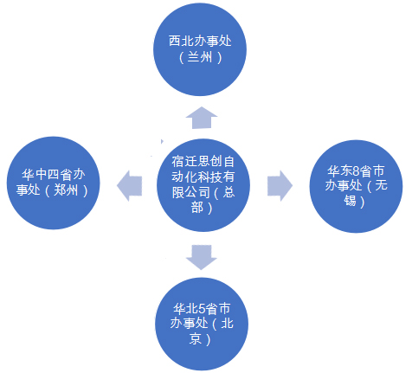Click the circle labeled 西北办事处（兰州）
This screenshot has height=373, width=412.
click(x=200, y=49)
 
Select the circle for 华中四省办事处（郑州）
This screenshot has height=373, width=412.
click(x=54, y=183)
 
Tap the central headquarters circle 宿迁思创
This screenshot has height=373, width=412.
click(x=203, y=185)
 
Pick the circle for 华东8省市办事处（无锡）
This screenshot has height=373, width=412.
click(x=356, y=186)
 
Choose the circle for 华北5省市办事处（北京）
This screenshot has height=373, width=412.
click(x=202, y=324)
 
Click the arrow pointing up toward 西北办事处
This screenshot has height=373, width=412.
click(x=202, y=118)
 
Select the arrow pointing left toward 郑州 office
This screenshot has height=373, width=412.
click(x=129, y=186)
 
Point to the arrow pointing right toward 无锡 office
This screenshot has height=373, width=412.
click(x=280, y=186)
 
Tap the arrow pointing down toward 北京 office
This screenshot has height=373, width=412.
click(x=202, y=257)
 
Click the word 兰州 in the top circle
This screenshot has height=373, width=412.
click(x=200, y=57)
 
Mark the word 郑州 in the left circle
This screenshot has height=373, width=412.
click(x=66, y=190)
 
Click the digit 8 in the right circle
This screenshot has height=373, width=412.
click(x=356, y=171)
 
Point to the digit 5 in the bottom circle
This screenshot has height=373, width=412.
click(x=202, y=309)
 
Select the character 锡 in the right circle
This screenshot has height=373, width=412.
click(x=350, y=201)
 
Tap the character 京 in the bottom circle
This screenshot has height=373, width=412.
click(x=196, y=338)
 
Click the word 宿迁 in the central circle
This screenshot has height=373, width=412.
click(x=184, y=162)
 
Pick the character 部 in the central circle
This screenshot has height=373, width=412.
click(x=197, y=207)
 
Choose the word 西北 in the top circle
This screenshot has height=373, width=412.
click(x=181, y=41)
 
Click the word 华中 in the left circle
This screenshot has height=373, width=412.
click(x=35, y=175)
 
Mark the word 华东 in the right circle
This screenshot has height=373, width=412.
click(x=339, y=171)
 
